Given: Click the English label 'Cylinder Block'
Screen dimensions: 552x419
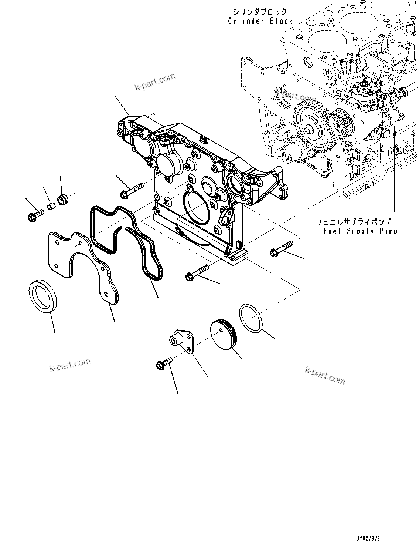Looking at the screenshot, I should pyautogui.click(x=260, y=21).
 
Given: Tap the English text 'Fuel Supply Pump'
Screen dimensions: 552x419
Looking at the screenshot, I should pyautogui.click(x=360, y=231).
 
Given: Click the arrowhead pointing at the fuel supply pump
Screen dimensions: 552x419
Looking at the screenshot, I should pyautogui.click(x=394, y=128).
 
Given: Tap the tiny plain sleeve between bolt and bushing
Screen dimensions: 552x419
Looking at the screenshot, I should pyautogui.click(x=51, y=204).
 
